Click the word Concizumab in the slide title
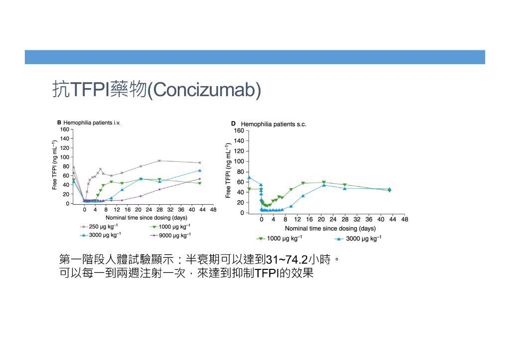[x=204, y=90]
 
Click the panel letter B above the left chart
[x=59, y=122]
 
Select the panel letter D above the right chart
[x=233, y=124]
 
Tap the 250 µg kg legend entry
[x=99, y=227]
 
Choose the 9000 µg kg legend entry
[x=170, y=235]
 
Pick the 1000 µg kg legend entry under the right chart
[x=279, y=239]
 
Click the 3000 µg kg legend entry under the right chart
[x=358, y=239]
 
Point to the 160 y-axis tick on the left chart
[x=64, y=129]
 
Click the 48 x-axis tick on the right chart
[x=404, y=219]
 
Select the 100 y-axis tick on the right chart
[x=239, y=161]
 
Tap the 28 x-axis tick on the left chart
[x=159, y=210]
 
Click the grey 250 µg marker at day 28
[x=159, y=161]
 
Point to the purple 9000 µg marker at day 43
[x=200, y=179]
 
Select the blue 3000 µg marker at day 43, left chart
[x=200, y=170]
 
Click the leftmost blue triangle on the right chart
[x=250, y=178]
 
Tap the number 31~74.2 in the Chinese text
[x=286, y=259]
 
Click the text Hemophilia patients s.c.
[x=273, y=124]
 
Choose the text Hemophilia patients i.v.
[x=92, y=122]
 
